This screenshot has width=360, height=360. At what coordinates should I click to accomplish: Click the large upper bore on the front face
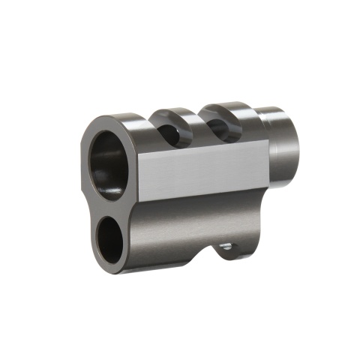click(109, 163)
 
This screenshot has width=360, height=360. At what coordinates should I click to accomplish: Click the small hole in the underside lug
click(224, 245)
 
